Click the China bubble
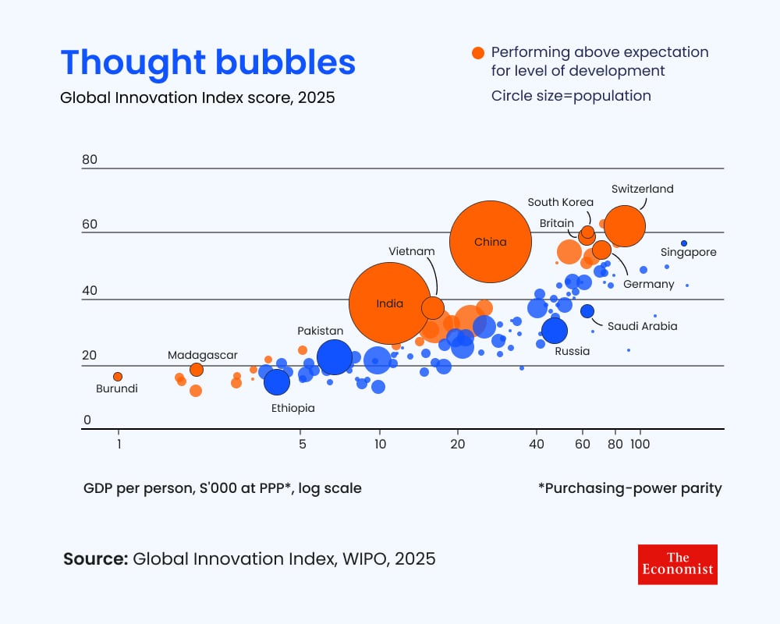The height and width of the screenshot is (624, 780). [491, 242]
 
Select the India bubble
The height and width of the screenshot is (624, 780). [389, 303]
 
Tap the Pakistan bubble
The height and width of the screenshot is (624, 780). [334, 357]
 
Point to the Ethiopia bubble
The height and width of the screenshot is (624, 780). [277, 382]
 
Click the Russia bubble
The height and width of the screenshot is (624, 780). [555, 331]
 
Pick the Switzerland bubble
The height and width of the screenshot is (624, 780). [625, 225]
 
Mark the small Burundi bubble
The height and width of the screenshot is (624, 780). [118, 377]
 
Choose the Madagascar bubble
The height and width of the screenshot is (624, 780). [197, 370]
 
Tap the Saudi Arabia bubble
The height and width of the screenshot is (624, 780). [587, 311]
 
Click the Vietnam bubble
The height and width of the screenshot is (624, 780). [433, 307]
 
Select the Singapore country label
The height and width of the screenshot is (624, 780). [688, 253]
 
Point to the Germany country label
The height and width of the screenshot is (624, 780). [648, 284]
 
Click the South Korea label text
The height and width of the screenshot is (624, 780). [560, 203]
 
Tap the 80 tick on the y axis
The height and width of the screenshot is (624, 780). [90, 160]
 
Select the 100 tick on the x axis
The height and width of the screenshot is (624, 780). [640, 445]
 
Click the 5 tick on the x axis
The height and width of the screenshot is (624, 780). [302, 445]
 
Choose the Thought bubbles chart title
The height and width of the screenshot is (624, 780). [207, 62]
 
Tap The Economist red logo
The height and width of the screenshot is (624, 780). [677, 564]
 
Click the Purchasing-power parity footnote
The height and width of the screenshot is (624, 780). [629, 489]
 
